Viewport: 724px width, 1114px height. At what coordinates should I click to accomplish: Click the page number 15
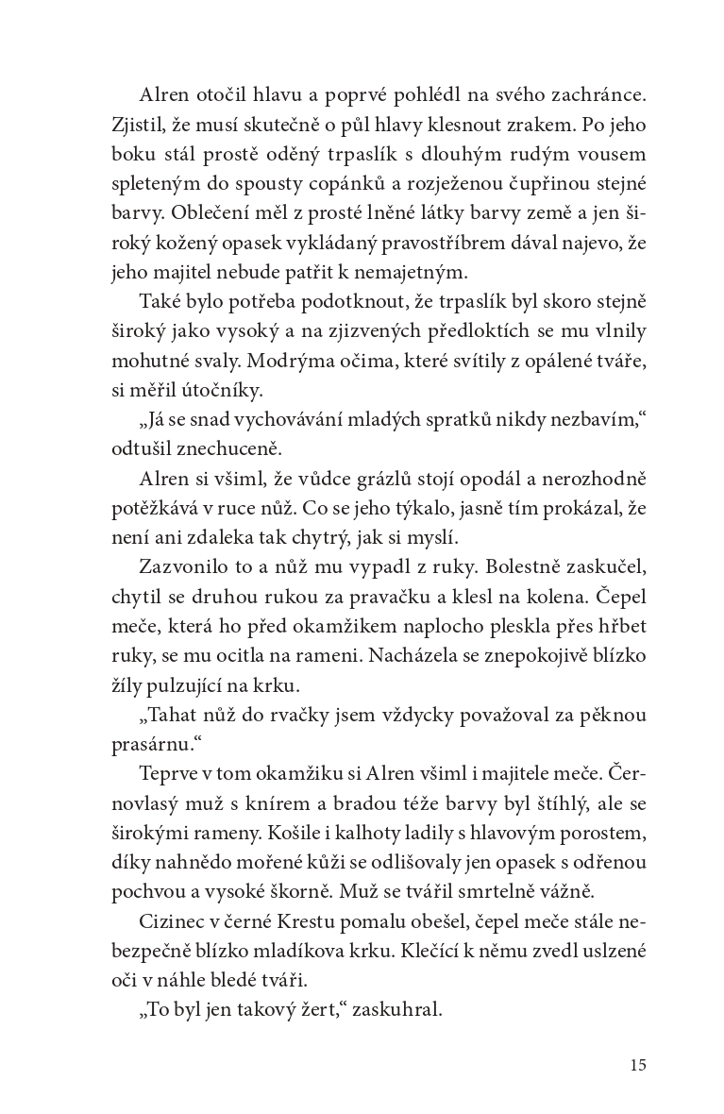tap(637, 1066)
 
